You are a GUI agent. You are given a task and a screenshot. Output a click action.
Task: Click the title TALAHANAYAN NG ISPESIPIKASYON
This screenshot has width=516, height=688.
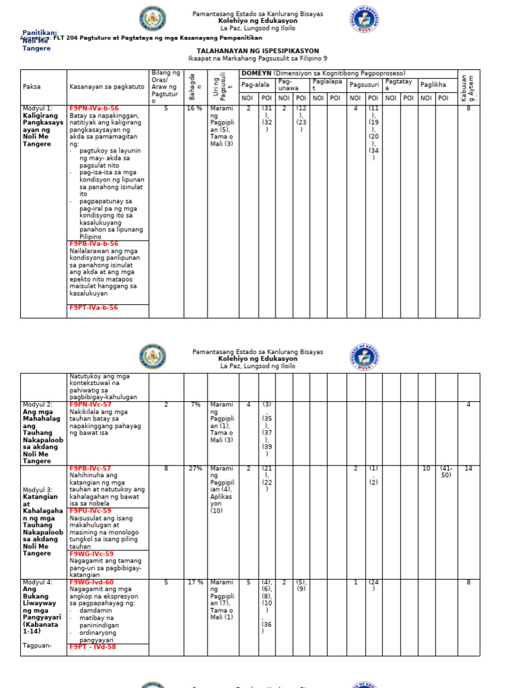[x=257, y=51]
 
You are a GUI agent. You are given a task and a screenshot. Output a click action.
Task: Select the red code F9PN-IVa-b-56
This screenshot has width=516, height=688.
[x=93, y=108]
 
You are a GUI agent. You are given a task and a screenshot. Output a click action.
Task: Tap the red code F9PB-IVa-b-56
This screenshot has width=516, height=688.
[x=93, y=244]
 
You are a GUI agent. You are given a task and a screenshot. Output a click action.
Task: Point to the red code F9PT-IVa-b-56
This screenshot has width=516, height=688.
[x=93, y=308]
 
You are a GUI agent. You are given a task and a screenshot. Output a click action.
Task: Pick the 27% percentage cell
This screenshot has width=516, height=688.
[x=195, y=468]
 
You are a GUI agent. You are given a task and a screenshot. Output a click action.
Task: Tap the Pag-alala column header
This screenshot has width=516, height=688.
[x=255, y=85]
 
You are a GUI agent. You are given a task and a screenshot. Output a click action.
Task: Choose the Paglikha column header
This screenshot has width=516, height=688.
[x=433, y=85]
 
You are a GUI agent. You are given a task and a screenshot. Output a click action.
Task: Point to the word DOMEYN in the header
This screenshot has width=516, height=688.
[x=256, y=73]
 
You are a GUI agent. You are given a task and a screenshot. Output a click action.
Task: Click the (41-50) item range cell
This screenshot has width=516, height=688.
[x=445, y=472]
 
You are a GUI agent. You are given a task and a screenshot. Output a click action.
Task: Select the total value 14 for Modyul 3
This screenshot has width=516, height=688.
[x=468, y=468]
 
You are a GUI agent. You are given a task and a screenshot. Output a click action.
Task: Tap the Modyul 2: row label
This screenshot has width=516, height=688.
[x=38, y=404]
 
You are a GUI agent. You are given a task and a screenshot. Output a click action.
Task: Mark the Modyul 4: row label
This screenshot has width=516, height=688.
[x=38, y=582]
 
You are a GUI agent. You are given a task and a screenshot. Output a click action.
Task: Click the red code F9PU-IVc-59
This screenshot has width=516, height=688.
[x=91, y=511]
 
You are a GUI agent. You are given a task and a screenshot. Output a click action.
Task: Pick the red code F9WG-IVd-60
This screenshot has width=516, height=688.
[x=91, y=582]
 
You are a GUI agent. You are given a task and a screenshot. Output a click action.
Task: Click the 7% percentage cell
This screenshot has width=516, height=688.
[x=196, y=404]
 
